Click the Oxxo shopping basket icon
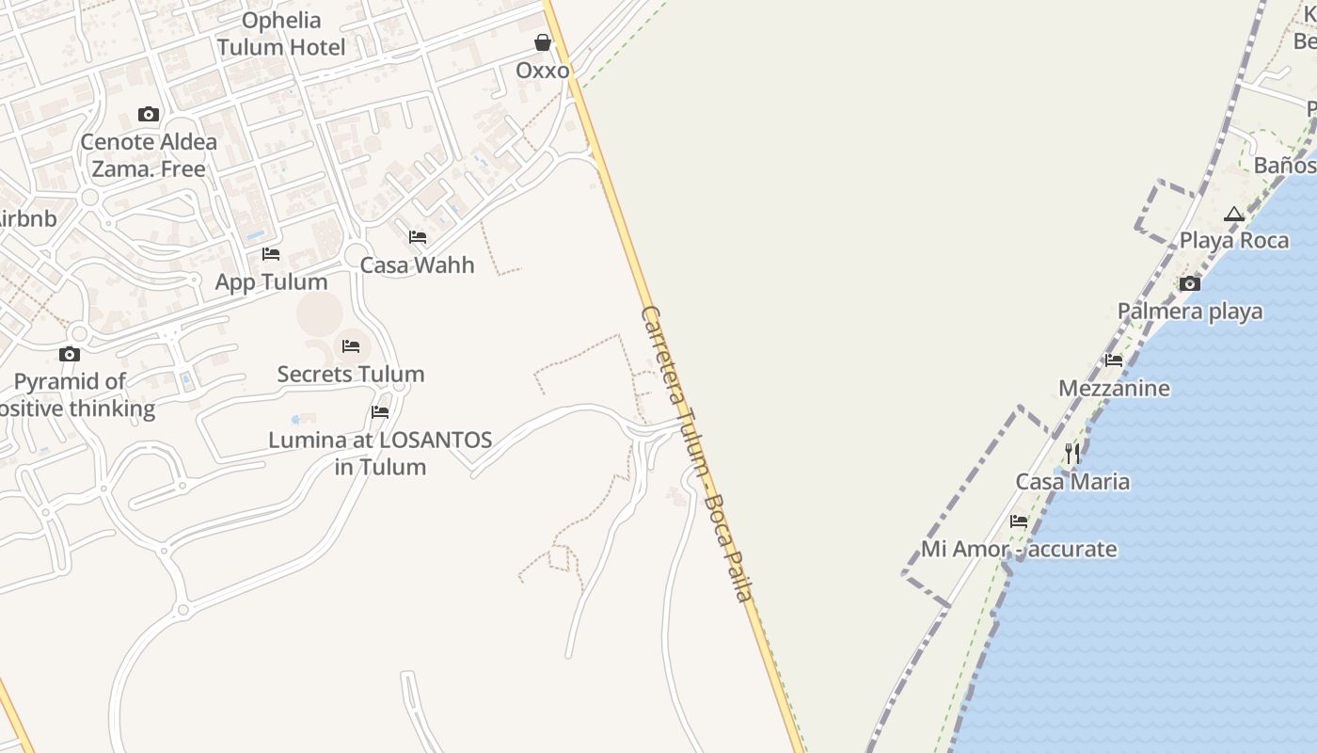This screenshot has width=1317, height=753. (x=543, y=42)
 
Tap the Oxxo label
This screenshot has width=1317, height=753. (x=543, y=71)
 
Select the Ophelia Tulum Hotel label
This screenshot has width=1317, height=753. (x=281, y=34)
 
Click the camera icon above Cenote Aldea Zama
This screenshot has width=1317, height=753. (x=149, y=115)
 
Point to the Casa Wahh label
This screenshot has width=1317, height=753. (x=418, y=264)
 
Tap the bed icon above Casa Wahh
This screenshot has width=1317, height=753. (x=418, y=237)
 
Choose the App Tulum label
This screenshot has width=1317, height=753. (x=272, y=281)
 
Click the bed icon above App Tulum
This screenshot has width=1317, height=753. (x=271, y=254)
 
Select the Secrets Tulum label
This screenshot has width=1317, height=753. (x=351, y=374)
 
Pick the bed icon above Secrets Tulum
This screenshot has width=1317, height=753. (x=351, y=346)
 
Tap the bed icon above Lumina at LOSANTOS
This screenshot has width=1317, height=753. (x=380, y=412)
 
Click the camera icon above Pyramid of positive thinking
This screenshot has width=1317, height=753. (x=70, y=355)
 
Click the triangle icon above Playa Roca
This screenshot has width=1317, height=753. (x=1234, y=214)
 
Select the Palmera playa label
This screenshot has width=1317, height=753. (x=1190, y=311)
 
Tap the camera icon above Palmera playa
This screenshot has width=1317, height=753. (x=1190, y=283)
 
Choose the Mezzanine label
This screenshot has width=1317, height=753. (x=1114, y=388)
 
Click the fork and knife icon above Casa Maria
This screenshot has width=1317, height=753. (x=1072, y=454)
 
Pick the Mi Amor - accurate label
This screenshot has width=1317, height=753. (x=1019, y=549)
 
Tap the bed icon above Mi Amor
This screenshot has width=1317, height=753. (x=1019, y=521)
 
